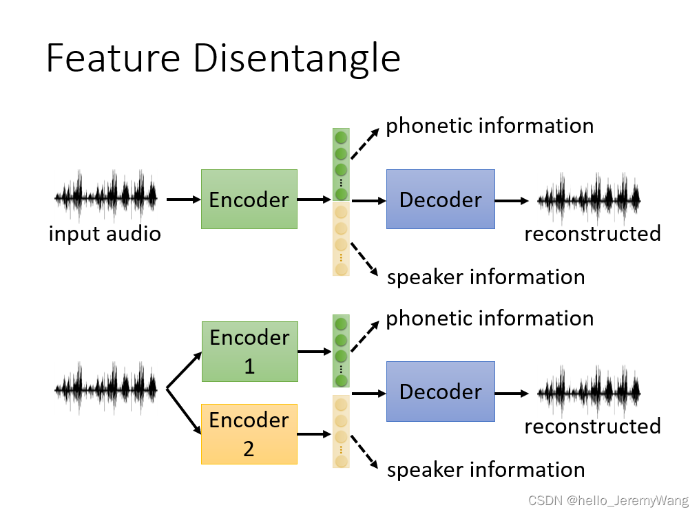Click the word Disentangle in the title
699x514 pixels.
(x=296, y=58)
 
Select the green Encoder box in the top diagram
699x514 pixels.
(x=249, y=200)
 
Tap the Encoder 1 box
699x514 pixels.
(x=249, y=351)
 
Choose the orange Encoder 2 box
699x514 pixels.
(x=249, y=434)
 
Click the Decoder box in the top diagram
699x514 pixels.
(x=441, y=200)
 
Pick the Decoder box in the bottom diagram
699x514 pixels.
(x=441, y=392)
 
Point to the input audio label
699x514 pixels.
(x=105, y=234)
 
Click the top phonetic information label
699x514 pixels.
(x=490, y=126)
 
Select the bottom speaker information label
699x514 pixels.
(x=486, y=470)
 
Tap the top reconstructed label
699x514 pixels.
(x=592, y=234)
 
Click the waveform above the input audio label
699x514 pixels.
(x=106, y=197)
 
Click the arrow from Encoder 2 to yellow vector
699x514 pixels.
(x=314, y=434)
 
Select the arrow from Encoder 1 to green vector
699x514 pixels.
(x=314, y=352)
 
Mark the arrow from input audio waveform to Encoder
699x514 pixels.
(x=182, y=200)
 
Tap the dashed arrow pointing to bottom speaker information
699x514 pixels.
(x=366, y=455)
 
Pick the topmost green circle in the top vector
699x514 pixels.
(x=341, y=136)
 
